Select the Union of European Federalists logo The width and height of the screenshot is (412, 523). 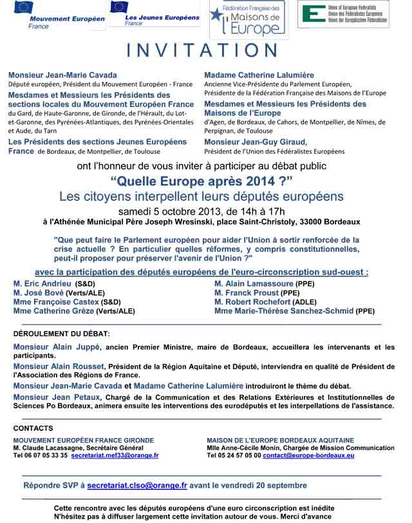pos(351,14)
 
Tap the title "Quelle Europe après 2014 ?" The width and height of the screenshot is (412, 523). pos(201,180)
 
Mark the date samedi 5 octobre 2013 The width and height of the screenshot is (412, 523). pos(169,211)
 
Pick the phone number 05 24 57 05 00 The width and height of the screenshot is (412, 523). pos(239,455)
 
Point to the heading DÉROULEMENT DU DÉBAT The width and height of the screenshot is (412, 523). pos(61,334)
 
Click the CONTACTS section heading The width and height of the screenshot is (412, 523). pos(33,428)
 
